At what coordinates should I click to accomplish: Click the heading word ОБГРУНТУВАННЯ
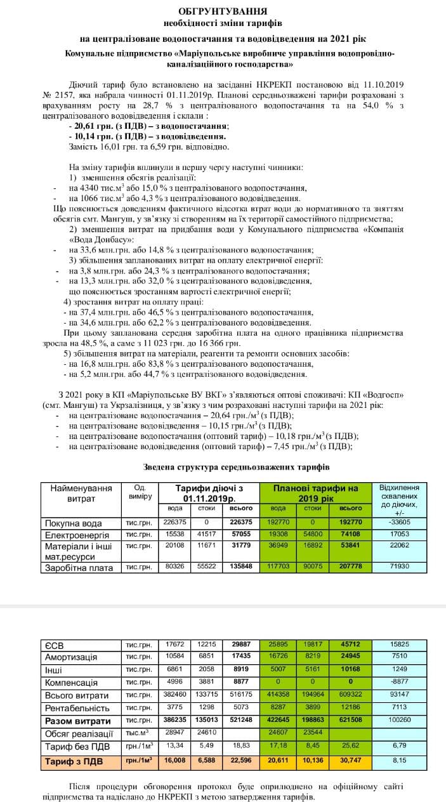(x=223, y=11)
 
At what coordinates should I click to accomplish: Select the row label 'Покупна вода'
(x=72, y=523)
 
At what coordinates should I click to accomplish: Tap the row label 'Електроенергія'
(x=76, y=534)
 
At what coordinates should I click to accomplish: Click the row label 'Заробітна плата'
(x=77, y=568)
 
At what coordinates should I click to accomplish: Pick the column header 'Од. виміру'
(x=140, y=492)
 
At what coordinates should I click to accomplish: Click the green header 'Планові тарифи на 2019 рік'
(x=315, y=493)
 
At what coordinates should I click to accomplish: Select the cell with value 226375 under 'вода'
(x=175, y=523)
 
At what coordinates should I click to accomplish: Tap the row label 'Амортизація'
(x=73, y=656)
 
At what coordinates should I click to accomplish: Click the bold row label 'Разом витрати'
(x=77, y=721)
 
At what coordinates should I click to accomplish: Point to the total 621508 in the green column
(x=351, y=721)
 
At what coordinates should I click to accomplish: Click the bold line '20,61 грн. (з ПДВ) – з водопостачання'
(x=150, y=127)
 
